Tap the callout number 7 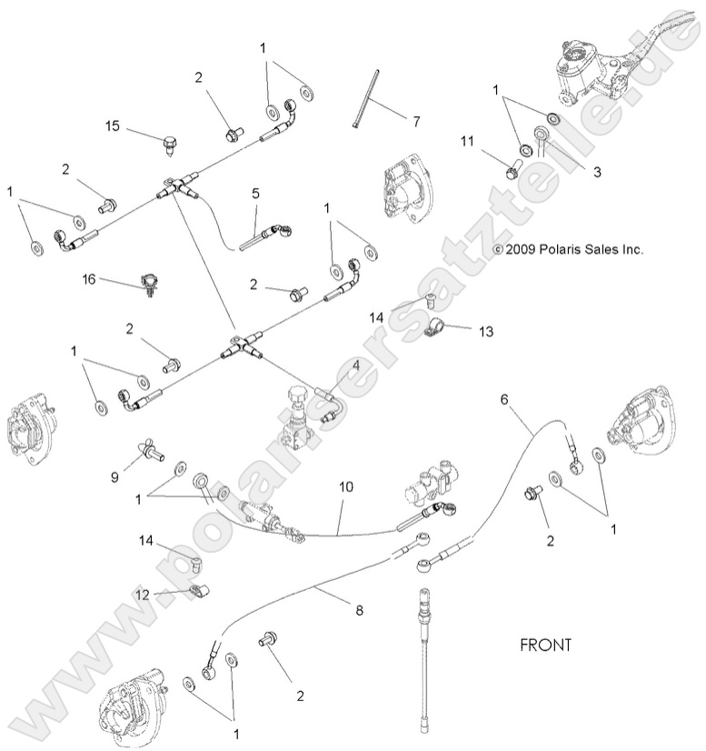click(417, 119)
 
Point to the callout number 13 click(486, 331)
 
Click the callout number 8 click(359, 610)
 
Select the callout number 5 click(255, 193)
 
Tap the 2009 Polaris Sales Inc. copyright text click(568, 248)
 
